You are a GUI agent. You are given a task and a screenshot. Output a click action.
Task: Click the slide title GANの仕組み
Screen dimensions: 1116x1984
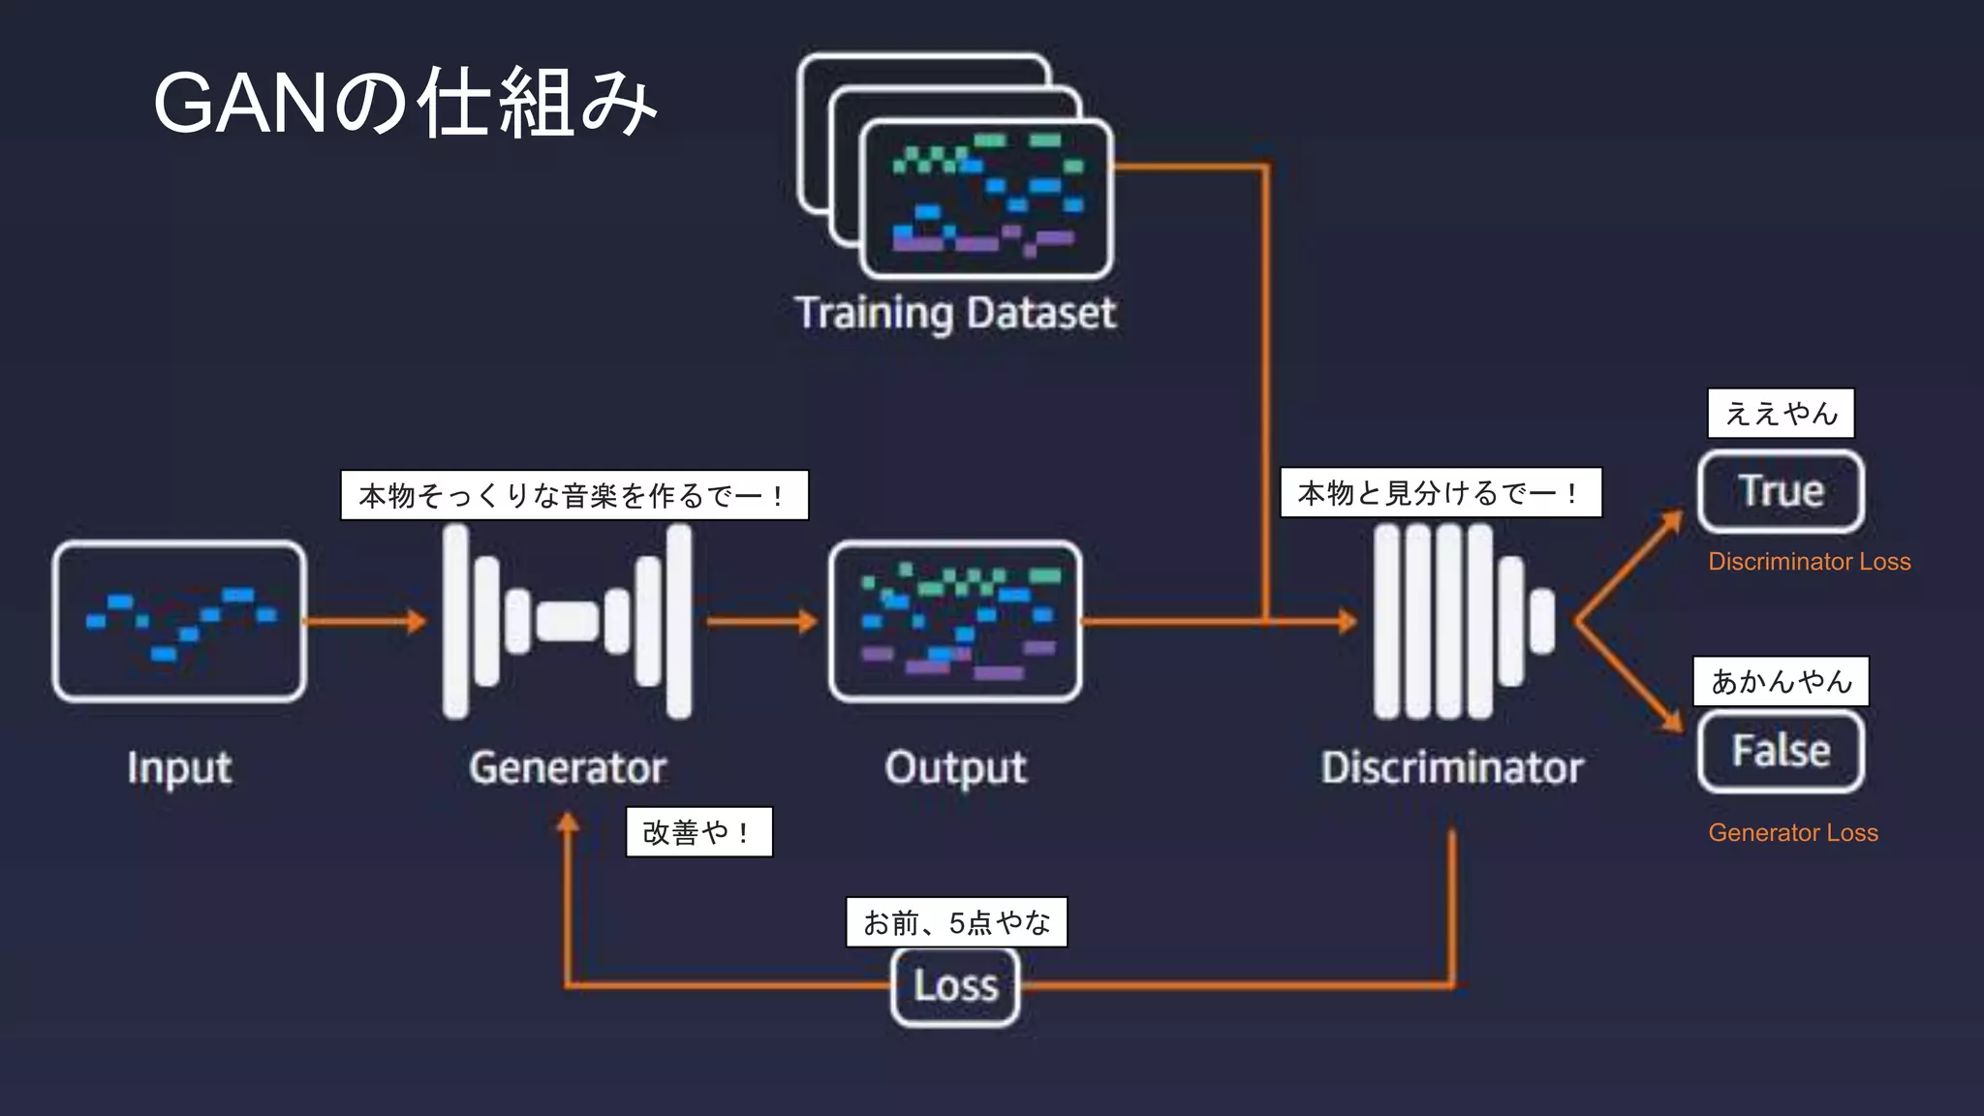pos(405,103)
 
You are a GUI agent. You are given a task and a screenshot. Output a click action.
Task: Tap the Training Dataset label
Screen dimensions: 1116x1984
pos(955,313)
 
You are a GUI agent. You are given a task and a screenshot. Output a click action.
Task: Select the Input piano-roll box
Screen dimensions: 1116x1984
pos(179,621)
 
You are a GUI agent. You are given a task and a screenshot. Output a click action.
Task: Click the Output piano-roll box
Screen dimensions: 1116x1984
pos(955,621)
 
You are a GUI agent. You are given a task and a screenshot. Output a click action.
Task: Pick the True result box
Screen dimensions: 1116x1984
pos(1781,491)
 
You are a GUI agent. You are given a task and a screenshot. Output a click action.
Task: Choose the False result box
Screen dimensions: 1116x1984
pos(1781,751)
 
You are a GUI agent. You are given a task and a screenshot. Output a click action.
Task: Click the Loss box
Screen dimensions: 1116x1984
pos(955,986)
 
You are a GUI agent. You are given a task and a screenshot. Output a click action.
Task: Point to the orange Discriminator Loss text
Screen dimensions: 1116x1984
pos(1809,562)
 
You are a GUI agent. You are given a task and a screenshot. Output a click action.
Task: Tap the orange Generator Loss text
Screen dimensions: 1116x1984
pos(1792,833)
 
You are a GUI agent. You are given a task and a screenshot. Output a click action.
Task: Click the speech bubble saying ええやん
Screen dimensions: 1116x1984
pos(1781,414)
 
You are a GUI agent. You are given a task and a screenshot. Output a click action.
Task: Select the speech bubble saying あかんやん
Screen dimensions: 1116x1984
pos(1781,681)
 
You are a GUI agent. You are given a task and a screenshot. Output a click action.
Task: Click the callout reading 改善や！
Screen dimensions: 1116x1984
pos(699,832)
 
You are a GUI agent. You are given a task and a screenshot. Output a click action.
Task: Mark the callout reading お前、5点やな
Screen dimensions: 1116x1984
pos(956,922)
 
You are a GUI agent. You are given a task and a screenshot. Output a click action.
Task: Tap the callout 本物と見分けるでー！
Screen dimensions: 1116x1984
pos(1441,493)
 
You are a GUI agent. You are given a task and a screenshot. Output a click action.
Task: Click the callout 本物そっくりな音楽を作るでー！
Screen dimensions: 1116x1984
pos(573,496)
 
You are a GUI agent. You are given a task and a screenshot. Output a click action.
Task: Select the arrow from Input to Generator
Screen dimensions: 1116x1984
pos(365,621)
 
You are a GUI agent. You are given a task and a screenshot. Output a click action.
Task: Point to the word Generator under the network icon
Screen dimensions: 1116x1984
pos(568,768)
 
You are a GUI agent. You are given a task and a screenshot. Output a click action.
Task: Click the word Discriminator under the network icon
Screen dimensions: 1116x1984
pos(1452,768)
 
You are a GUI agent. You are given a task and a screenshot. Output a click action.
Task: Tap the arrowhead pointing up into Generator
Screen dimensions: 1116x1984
pos(568,823)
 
